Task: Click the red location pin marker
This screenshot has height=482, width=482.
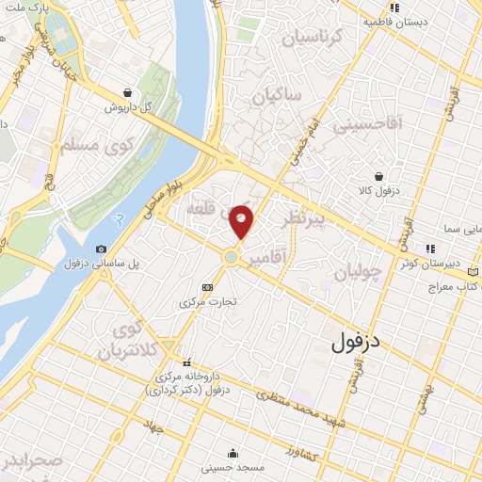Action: coord(242,220)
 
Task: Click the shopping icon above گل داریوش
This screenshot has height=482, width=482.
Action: coord(127,92)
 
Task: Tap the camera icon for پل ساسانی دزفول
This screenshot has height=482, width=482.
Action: coord(102,249)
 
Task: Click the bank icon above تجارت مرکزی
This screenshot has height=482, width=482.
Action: coord(208,287)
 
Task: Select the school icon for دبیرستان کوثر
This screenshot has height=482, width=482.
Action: coord(430,249)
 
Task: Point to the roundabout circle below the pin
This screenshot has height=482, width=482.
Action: coord(230,256)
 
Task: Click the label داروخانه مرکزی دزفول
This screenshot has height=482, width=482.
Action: coord(192,383)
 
